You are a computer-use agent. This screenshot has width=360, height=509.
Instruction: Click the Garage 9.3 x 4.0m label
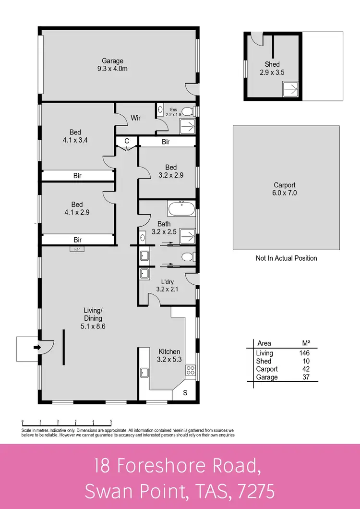click(x=112, y=65)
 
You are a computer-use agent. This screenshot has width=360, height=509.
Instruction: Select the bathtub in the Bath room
click(x=181, y=209)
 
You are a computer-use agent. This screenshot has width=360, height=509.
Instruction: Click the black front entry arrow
click(x=36, y=347)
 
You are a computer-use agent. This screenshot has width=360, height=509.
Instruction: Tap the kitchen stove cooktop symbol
click(x=190, y=370)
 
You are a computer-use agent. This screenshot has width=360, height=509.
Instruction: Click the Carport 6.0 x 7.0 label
click(x=285, y=189)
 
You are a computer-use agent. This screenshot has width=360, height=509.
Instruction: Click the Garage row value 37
click(x=305, y=377)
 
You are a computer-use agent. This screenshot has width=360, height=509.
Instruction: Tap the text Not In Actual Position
click(x=286, y=258)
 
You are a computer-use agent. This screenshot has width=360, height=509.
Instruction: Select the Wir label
click(x=136, y=118)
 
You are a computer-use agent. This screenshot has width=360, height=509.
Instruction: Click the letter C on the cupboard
click(x=127, y=141)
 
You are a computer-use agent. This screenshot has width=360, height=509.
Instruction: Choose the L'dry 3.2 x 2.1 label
click(x=167, y=286)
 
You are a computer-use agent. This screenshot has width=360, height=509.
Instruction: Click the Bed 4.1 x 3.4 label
click(x=75, y=136)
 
